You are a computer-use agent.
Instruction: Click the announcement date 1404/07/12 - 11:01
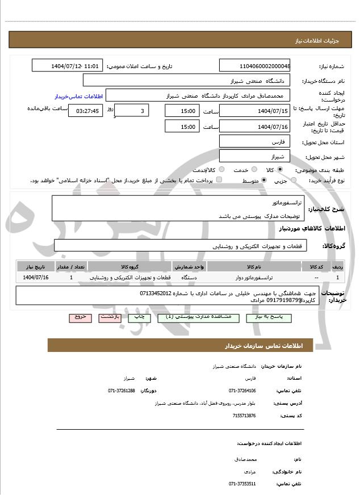click(x=68, y=66)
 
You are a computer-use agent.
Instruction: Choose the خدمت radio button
click(x=253, y=170)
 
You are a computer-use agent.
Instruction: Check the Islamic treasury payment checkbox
click(x=219, y=180)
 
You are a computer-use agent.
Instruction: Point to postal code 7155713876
click(x=244, y=416)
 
